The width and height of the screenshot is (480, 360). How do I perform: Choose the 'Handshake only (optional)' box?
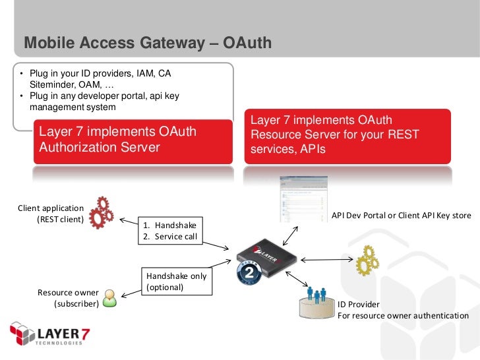coord(176,282)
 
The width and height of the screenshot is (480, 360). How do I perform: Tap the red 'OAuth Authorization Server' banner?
coord(133,140)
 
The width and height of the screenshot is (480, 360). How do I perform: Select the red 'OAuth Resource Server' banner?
coord(347,136)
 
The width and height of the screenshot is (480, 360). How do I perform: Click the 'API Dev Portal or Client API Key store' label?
coord(401,215)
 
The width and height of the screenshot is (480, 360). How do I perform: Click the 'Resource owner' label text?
coord(68,292)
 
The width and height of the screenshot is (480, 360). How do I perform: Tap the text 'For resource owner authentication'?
coord(403,315)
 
